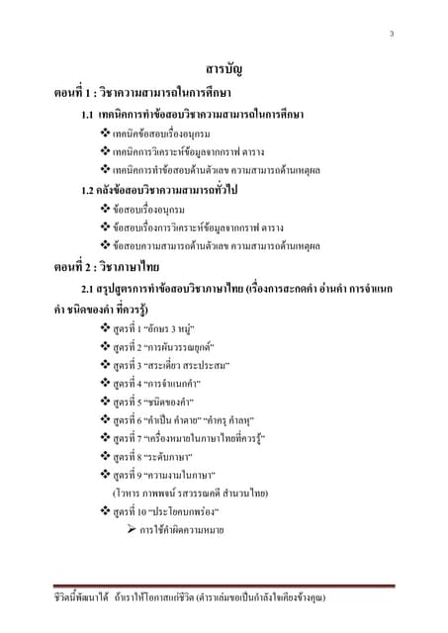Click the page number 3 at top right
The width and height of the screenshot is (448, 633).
click(x=392, y=37)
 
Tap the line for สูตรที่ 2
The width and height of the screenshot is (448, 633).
click(x=164, y=346)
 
